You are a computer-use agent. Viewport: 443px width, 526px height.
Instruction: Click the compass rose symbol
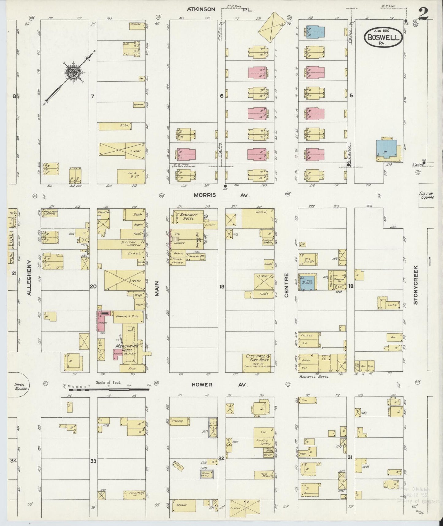pos(73,72)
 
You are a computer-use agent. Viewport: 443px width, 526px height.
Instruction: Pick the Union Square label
pos(21,386)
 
